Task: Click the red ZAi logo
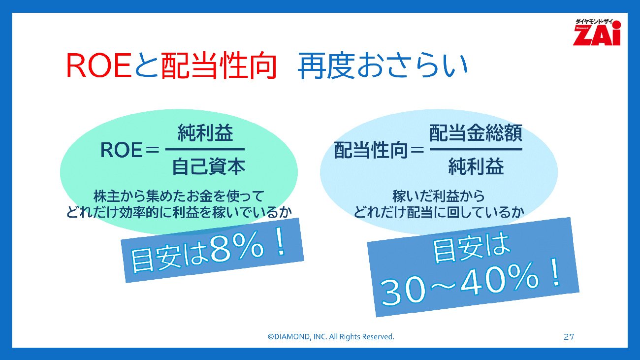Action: click(597, 32)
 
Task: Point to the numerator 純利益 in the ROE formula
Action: click(205, 132)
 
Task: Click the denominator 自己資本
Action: click(209, 166)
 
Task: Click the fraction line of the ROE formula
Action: click(205, 149)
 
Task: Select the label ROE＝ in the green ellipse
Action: click(129, 150)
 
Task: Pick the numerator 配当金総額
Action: click(476, 132)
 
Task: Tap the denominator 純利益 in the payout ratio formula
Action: click(476, 166)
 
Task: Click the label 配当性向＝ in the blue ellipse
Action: click(379, 150)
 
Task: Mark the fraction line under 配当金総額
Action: click(476, 149)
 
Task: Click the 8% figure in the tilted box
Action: click(237, 249)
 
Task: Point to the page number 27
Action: click(569, 337)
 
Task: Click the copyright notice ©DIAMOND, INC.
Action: click(331, 337)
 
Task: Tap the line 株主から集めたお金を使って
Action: click(179, 196)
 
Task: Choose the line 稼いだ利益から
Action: click(439, 196)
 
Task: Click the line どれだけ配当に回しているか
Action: click(439, 212)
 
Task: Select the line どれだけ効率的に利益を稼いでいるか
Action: click(179, 212)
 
